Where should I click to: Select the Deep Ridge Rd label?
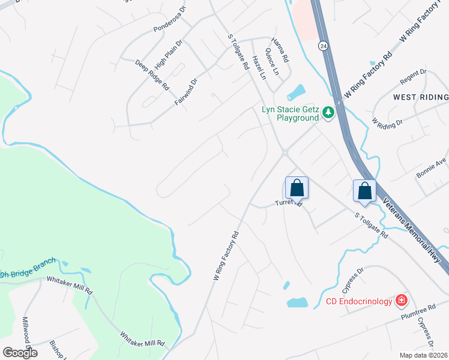pyautogui.click(x=152, y=75)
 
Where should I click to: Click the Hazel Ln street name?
pyautogui.click(x=259, y=67)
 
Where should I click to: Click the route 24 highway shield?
pyautogui.click(x=323, y=46)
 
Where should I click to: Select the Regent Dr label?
pyautogui.click(x=415, y=80)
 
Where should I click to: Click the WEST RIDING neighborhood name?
pyautogui.click(x=420, y=97)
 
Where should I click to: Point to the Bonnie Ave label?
pyautogui.click(x=432, y=168)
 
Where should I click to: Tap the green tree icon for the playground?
pyautogui.click(x=328, y=112)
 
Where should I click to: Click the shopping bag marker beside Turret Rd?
pyautogui.click(x=297, y=188)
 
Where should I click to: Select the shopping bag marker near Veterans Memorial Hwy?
pyautogui.click(x=364, y=191)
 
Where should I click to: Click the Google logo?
pyautogui.click(x=20, y=352)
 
